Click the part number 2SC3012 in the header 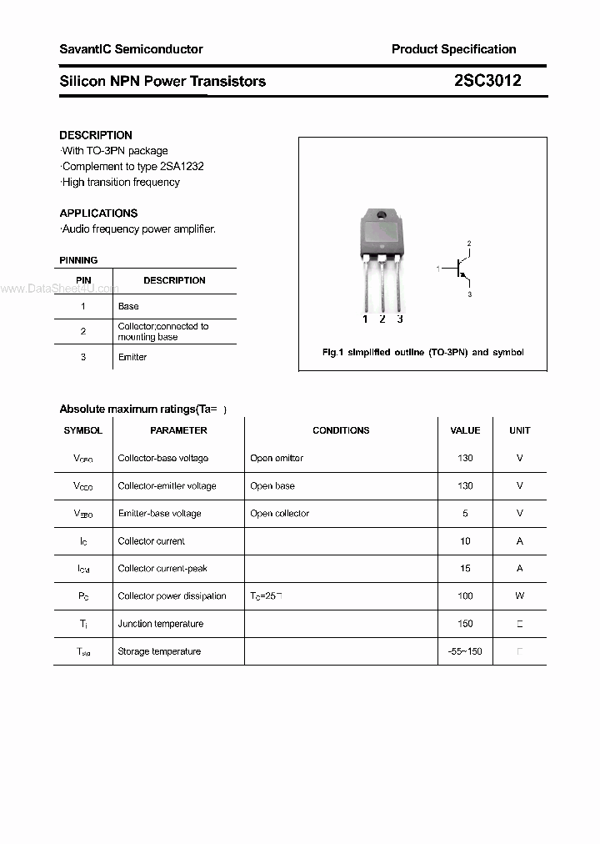pyautogui.click(x=488, y=81)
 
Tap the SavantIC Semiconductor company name pyautogui.click(x=131, y=49)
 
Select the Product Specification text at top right pyautogui.click(x=453, y=49)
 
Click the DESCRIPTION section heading pyautogui.click(x=96, y=135)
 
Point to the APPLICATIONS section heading pyautogui.click(x=98, y=214)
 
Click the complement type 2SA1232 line pyautogui.click(x=132, y=167)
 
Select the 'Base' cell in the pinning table pyautogui.click(x=128, y=307)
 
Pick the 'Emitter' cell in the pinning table pyautogui.click(x=132, y=357)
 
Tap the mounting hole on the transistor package pyautogui.click(x=382, y=217)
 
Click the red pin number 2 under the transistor pyautogui.click(x=382, y=319)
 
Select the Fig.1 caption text pyautogui.click(x=422, y=353)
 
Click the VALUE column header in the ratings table pyautogui.click(x=465, y=430)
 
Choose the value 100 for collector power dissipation pyautogui.click(x=465, y=596)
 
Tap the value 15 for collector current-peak pyautogui.click(x=465, y=569)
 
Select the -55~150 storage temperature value pyautogui.click(x=465, y=651)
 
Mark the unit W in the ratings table pyautogui.click(x=519, y=596)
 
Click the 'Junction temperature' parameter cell pyautogui.click(x=160, y=624)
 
